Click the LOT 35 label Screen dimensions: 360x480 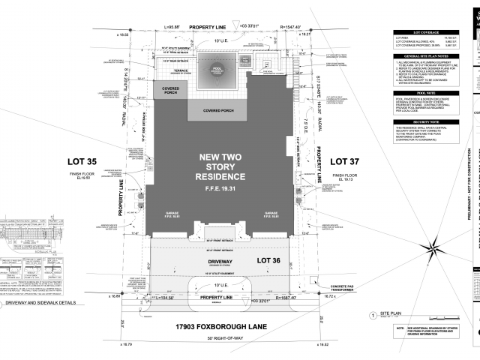(x=102, y=161)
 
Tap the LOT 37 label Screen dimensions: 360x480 (x=346, y=161)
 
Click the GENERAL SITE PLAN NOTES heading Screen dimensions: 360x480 (x=425, y=56)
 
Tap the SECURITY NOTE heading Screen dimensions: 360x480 (x=425, y=121)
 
